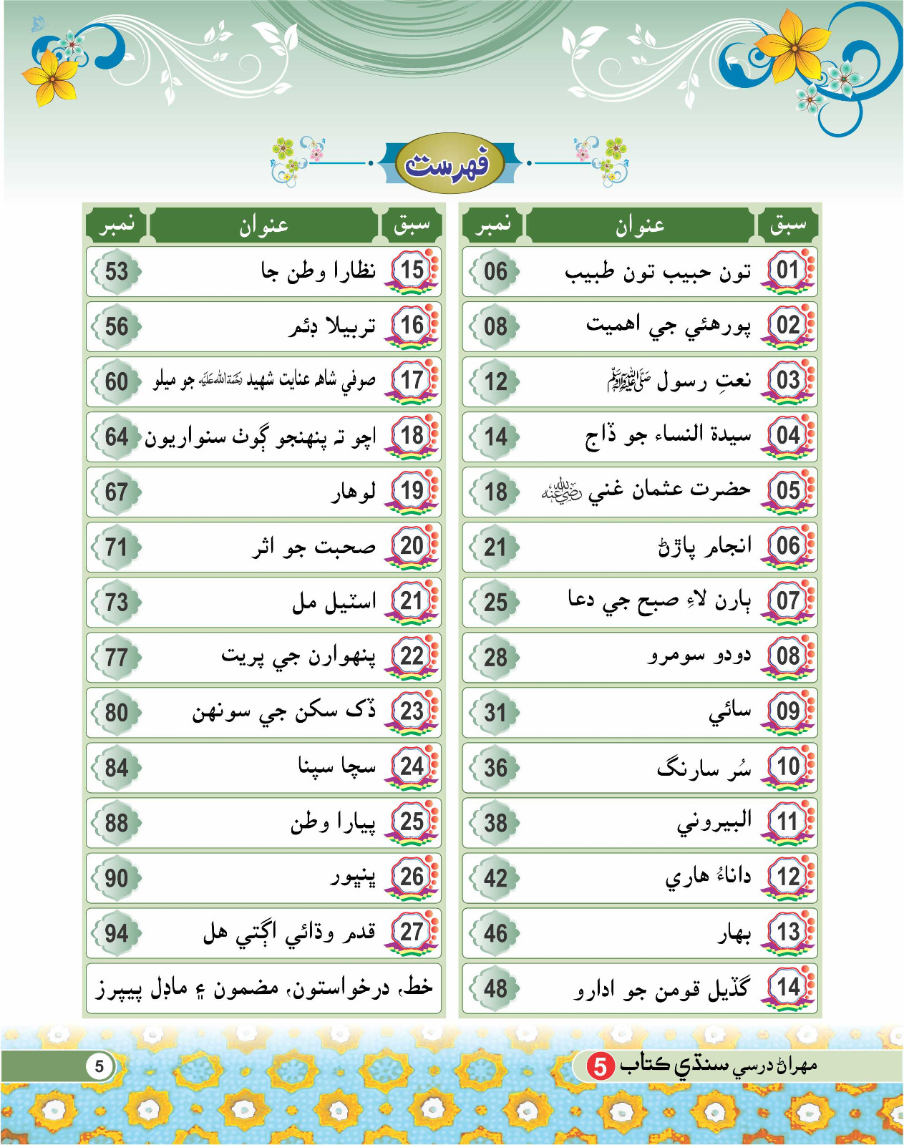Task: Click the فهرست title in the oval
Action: (x=448, y=163)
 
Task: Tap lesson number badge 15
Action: (x=412, y=271)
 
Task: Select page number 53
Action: (x=117, y=272)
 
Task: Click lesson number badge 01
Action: (x=788, y=271)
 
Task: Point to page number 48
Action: (x=495, y=989)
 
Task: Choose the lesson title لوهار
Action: (x=353, y=492)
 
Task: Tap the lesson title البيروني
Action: (x=714, y=822)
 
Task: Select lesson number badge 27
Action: (x=412, y=932)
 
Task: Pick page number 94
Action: (x=117, y=933)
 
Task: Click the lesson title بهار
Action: (x=734, y=933)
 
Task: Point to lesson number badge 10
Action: (x=788, y=766)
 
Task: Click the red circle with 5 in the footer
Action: (x=601, y=1066)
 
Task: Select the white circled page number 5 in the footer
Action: (x=99, y=1066)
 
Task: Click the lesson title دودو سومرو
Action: (x=699, y=656)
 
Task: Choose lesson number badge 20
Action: (x=412, y=546)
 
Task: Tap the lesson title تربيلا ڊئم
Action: (x=332, y=327)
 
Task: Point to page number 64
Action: (x=117, y=437)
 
